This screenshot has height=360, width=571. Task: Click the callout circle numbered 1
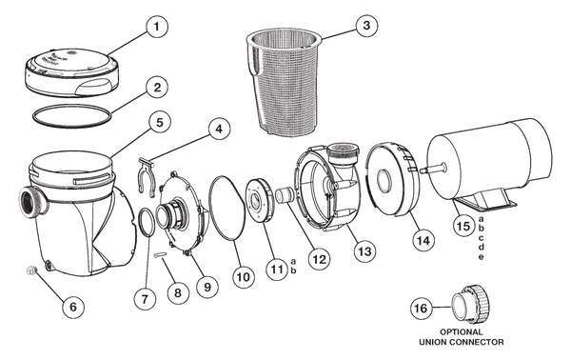click(157, 27)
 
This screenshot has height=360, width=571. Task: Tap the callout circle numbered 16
click(421, 309)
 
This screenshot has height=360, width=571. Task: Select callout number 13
click(364, 251)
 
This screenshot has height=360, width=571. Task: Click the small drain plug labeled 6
click(30, 270)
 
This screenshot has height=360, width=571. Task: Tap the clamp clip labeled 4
click(148, 173)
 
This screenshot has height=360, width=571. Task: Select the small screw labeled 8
click(161, 255)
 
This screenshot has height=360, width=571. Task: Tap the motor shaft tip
click(423, 170)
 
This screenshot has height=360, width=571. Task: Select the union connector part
click(470, 303)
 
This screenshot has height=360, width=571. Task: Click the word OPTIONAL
click(461, 332)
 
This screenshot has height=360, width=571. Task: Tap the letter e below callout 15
click(481, 257)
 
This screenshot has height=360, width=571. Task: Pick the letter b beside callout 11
click(293, 270)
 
